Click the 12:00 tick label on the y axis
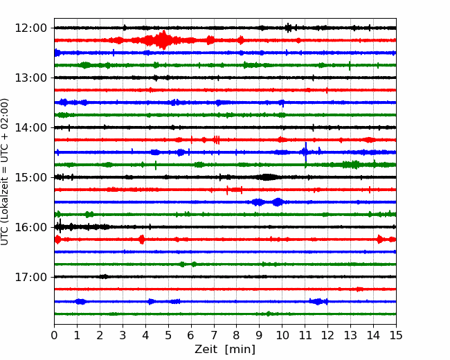pos(30,28)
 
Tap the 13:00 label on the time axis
pos(30,78)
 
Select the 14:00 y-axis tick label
pos(30,128)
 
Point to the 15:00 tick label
pos(30,177)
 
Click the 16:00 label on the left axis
pos(30,227)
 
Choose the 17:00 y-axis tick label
pos(30,277)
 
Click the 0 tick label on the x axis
pos(54,335)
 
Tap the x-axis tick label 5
pos(168,335)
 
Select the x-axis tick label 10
pos(282,335)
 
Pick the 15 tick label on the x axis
pos(396,335)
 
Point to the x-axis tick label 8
pos(237,335)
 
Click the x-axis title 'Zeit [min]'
pos(225,350)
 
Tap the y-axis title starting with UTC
pos(5,172)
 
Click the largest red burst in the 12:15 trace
pos(163,40)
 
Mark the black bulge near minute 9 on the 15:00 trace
pos(267,177)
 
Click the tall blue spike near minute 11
pos(305,152)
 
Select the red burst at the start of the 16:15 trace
pos(57,240)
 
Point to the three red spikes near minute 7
pos(217,140)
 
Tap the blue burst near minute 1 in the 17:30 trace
pos(80,301)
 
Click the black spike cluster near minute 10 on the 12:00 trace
pos(289,28)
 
